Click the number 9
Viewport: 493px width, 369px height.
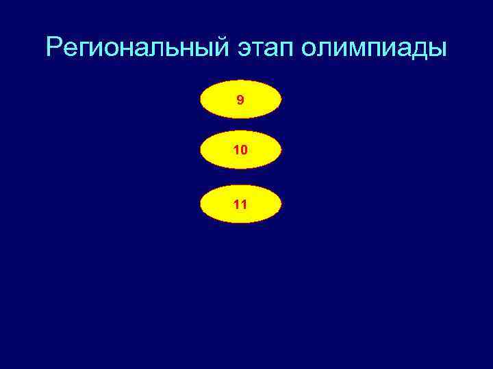pyautogui.click(x=240, y=100)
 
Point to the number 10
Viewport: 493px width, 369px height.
pyautogui.click(x=240, y=150)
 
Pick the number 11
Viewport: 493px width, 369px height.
pyautogui.click(x=240, y=204)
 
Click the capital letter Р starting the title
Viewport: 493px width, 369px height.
pyautogui.click(x=54, y=48)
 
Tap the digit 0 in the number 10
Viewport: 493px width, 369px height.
pyautogui.click(x=244, y=150)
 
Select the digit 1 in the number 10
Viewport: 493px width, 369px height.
pyautogui.click(x=236, y=150)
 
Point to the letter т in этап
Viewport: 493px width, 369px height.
pyautogui.click(x=256, y=49)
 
